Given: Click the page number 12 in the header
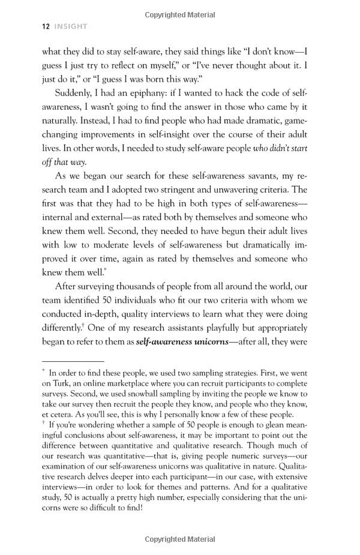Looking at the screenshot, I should [46, 26].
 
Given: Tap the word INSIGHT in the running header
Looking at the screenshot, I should [71, 26].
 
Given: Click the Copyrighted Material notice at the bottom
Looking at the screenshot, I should [179, 538].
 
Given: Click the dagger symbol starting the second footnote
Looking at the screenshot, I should [44, 424].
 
